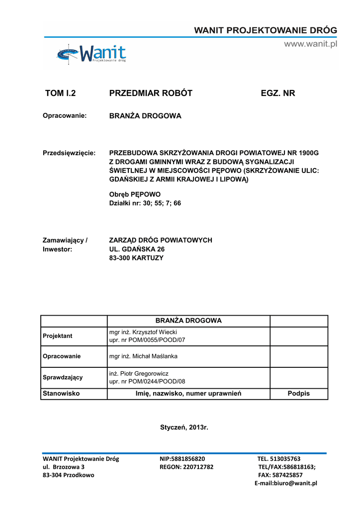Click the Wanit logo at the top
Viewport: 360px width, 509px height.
point(91,54)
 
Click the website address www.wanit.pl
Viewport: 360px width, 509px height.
point(310,44)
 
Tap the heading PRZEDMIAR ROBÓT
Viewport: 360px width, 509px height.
point(151,93)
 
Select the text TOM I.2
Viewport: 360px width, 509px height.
point(64,93)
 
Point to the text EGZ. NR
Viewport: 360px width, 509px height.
point(278,93)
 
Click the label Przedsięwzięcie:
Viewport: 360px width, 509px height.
point(69,153)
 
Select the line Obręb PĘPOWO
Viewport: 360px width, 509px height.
point(135,194)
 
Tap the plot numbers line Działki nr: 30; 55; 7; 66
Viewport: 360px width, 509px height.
point(145,203)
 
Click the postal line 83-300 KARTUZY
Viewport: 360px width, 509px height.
point(136,258)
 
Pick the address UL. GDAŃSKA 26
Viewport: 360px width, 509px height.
point(137,249)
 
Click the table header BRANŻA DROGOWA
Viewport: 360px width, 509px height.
point(188,321)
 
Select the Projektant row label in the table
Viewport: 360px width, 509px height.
point(58,336)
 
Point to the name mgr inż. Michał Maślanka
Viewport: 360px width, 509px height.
point(143,356)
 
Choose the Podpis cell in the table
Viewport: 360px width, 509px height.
point(298,393)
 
